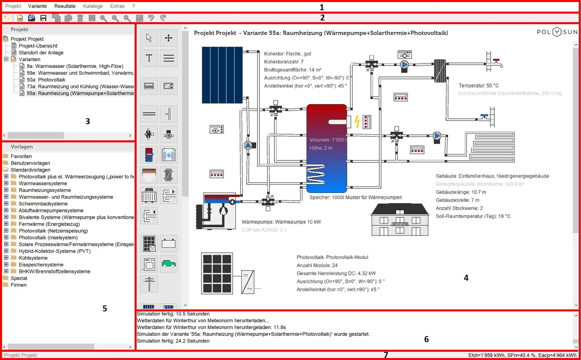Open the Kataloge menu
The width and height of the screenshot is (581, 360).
93,6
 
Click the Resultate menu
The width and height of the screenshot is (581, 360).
65,6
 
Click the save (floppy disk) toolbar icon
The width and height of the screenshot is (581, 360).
43,18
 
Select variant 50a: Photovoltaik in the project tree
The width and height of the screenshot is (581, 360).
46,80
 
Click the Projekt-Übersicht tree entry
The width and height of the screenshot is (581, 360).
38,46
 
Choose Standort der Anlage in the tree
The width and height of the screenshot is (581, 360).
41,53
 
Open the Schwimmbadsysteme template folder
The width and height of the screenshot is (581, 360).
43,204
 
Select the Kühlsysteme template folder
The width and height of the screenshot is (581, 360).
33,258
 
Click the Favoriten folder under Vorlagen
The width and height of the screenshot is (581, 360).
21,156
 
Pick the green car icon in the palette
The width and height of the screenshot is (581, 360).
168,264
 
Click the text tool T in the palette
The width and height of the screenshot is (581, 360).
149,58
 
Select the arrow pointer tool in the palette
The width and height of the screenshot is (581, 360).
149,38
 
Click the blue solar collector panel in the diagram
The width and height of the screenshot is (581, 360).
222,75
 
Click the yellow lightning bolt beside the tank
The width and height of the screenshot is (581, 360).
357,122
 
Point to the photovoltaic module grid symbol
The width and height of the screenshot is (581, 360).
217,273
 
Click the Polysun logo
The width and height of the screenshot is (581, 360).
557,32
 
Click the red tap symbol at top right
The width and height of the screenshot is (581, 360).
496,61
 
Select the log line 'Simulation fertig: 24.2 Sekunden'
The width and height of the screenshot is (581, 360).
173,341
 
